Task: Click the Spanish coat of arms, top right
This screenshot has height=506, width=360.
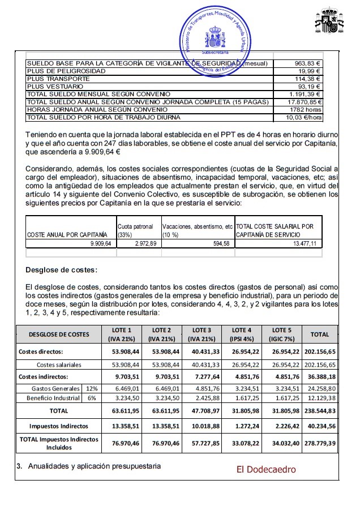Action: tap(329, 23)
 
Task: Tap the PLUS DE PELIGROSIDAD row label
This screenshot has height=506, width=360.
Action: tap(66, 71)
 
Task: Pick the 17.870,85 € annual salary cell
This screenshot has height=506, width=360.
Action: tap(306, 102)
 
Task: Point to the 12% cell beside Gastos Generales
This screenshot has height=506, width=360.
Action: tap(90, 389)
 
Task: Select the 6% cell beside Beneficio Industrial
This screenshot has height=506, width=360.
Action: tap(90, 398)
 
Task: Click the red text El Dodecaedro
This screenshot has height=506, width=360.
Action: tap(266, 469)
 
